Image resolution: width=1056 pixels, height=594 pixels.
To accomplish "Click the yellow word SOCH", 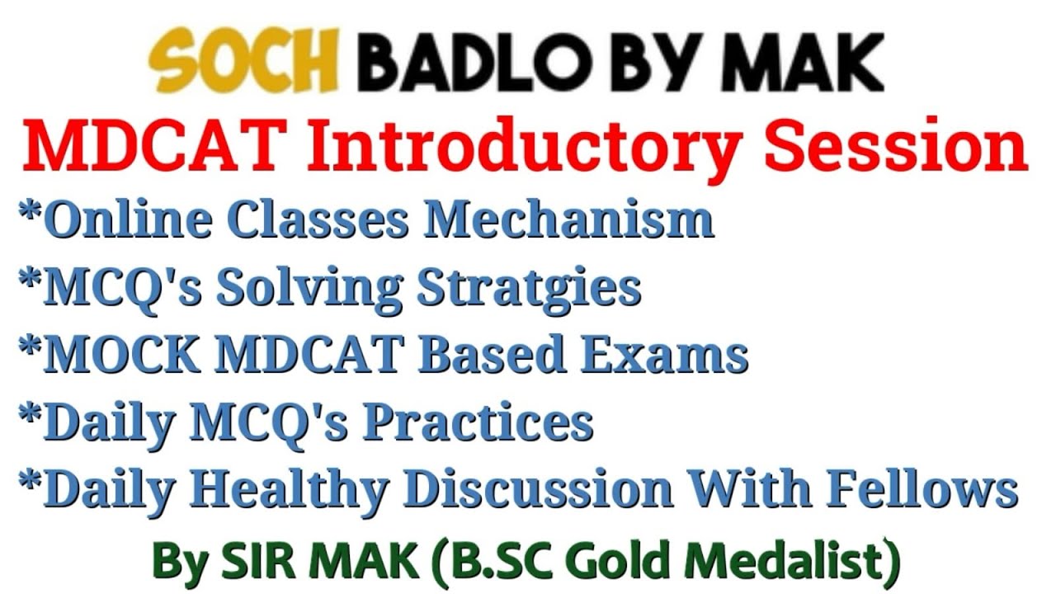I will pyautogui.click(x=243, y=64).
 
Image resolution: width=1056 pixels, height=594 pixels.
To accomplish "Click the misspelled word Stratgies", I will pyautogui.click(x=529, y=288).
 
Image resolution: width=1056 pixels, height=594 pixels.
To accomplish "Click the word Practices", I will pyautogui.click(x=478, y=422).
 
